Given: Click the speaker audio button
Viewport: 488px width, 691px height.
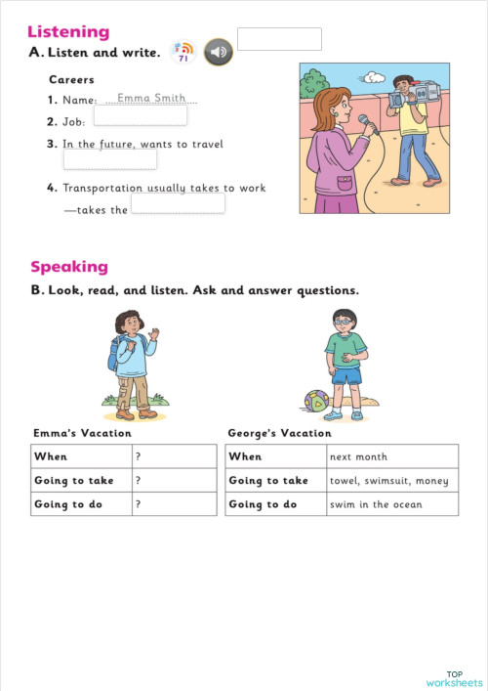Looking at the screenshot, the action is pos(218,53).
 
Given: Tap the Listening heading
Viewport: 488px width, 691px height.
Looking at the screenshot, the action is pos(68,32).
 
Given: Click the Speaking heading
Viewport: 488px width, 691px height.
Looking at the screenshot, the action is pos(69,267).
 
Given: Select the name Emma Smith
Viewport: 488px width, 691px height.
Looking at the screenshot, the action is pos(150,98).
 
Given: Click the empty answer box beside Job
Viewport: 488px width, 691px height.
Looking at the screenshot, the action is pos(141,116).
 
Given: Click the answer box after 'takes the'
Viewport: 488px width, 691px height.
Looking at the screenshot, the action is pos(178,203).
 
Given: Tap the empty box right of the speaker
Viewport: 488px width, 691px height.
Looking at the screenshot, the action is pos(279,39).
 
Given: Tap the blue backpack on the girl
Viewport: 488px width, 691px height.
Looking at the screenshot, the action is pos(115,353).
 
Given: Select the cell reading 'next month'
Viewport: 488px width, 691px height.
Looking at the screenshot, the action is pos(359,456).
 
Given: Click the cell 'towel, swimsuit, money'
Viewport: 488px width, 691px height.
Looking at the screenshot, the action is pos(388,480).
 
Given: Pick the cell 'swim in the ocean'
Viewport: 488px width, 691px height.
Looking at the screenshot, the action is pos(376,504).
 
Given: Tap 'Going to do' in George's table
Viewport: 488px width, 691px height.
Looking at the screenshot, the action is pos(263,504).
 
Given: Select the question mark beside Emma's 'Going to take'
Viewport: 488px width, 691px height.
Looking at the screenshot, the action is pos(139,480).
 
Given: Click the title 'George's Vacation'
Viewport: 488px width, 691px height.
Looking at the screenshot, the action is pos(279,433).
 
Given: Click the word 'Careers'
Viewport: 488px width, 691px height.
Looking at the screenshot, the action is pos(71,79).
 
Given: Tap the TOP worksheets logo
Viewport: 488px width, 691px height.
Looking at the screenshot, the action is pos(454,677).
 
